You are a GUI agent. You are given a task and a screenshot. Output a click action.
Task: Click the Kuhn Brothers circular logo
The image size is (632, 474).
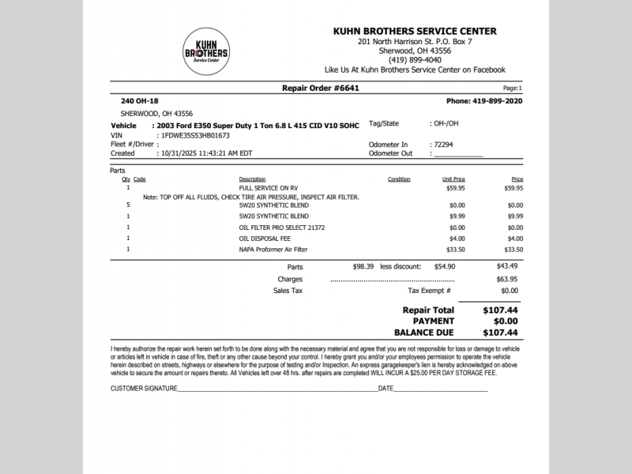point(205,52)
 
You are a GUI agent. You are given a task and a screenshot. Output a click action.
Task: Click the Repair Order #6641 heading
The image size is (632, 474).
point(320,88)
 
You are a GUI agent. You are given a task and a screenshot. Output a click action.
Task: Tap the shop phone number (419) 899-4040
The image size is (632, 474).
point(415,60)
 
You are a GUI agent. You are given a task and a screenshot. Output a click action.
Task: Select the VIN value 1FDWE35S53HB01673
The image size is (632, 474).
point(195,135)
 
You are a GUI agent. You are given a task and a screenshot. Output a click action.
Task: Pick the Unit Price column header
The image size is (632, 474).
point(453,179)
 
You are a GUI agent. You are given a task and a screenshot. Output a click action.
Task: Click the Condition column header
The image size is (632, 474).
point(399,179)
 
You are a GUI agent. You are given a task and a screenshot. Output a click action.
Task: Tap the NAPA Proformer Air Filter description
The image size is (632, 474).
point(273,250)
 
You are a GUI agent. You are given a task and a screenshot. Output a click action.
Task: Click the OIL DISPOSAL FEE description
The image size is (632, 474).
point(265,239)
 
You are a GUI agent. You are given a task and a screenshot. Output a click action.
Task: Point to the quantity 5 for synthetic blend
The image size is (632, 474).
point(128,205)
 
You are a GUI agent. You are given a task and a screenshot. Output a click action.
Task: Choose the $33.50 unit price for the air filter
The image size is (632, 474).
point(456,250)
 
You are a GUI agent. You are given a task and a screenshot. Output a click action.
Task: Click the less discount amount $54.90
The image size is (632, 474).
point(445,267)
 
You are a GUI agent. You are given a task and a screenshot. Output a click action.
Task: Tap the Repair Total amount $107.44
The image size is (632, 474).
point(500,310)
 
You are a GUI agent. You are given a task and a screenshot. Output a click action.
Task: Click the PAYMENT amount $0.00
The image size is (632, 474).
point(505,322)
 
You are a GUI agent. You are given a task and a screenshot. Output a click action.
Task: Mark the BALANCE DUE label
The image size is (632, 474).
point(424,333)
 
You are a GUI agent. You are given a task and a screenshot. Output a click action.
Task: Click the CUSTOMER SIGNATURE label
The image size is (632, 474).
point(144,389)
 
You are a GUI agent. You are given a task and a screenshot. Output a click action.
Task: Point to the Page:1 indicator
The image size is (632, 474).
point(512,88)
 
